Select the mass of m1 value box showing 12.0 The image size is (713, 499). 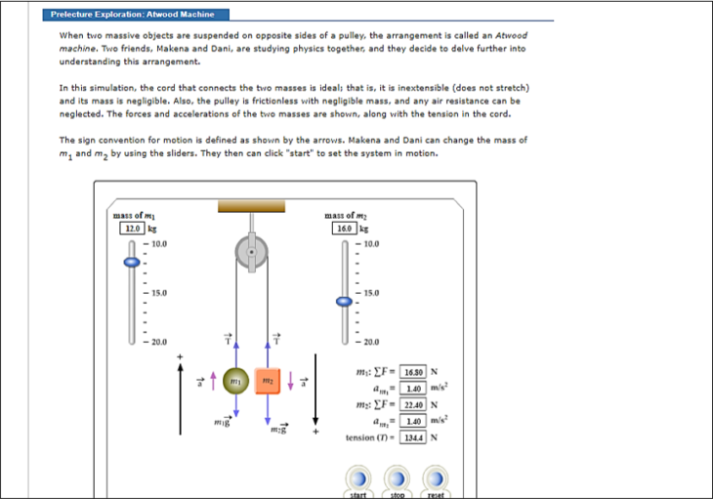pos(131,228)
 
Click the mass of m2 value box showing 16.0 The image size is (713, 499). pos(344,228)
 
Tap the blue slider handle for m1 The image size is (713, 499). pos(131,262)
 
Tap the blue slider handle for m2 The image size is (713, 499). pos(344,302)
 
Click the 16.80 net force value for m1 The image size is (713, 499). pos(412,371)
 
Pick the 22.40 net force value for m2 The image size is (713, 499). pos(412,404)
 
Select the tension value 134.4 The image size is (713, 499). pos(412,437)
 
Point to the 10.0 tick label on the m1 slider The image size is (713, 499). pos(159,242)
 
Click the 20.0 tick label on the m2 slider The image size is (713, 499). pos(372,342)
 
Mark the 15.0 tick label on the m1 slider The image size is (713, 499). pos(159,292)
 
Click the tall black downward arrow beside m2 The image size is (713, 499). pos(315,391)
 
